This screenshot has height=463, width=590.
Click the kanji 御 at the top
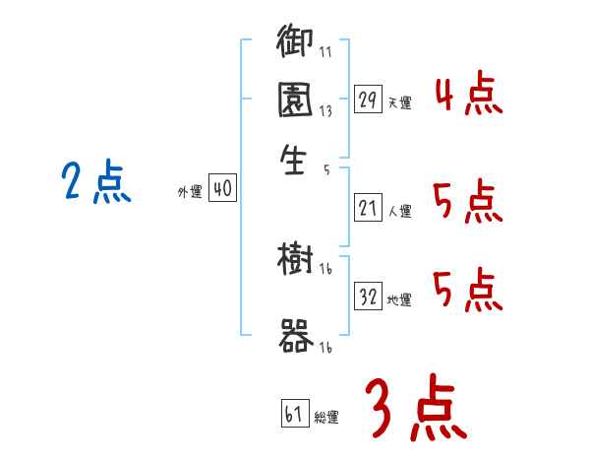click(x=294, y=43)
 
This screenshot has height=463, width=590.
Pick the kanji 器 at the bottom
click(x=295, y=337)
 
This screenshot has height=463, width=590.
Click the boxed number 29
click(x=368, y=100)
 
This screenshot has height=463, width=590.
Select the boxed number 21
click(x=368, y=208)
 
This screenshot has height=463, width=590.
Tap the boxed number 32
click(x=368, y=298)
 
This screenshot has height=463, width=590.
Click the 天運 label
click(x=399, y=102)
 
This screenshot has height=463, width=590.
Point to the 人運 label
click(x=399, y=210)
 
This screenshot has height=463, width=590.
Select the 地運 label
click(x=399, y=299)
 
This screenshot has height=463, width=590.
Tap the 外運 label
click(x=190, y=192)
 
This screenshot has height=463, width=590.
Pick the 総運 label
click(x=326, y=417)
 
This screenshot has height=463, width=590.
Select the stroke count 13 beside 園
click(x=324, y=111)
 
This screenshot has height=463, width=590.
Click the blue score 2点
click(x=96, y=184)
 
